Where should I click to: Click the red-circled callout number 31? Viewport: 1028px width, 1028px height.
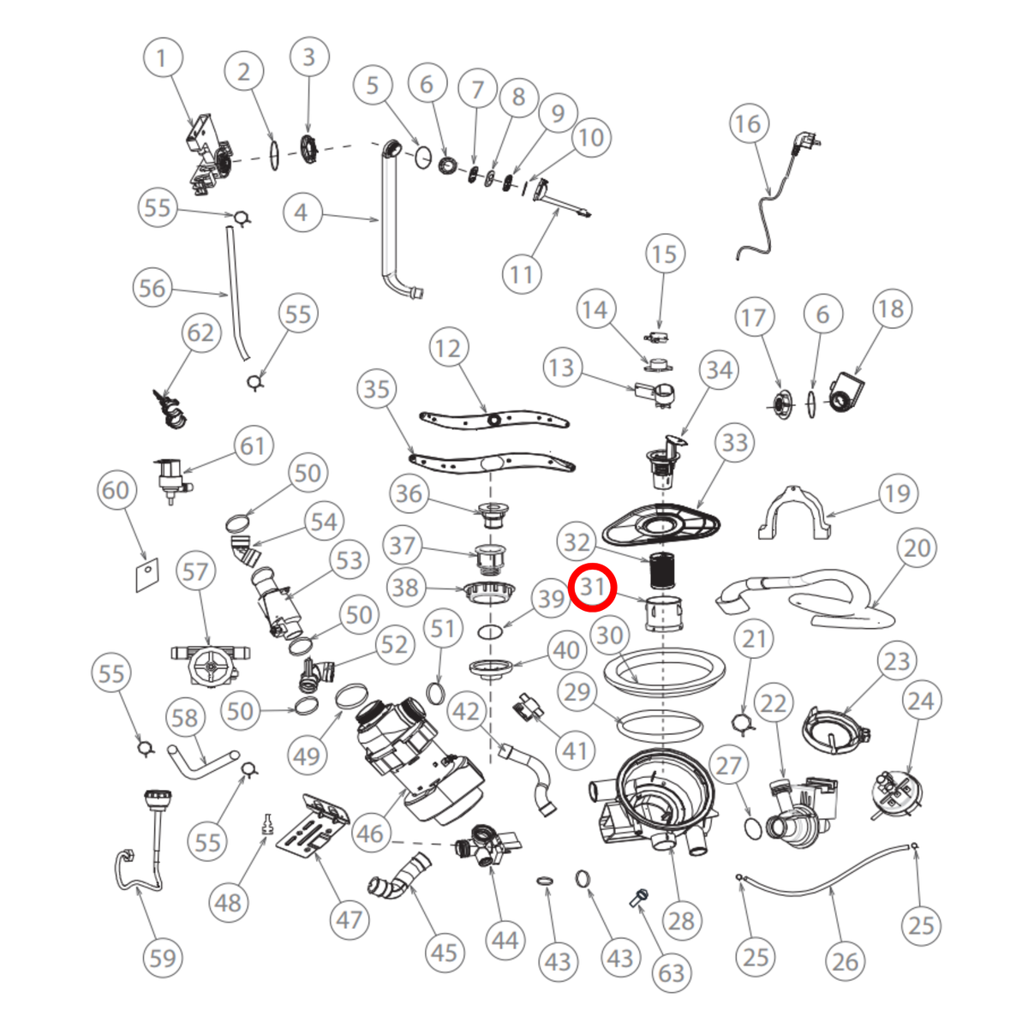click(592, 588)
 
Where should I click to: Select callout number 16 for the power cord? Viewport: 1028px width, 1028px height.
click(749, 123)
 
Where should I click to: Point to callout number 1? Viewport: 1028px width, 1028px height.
click(163, 57)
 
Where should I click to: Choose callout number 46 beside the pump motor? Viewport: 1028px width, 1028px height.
click(371, 833)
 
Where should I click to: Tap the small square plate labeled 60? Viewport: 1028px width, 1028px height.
click(147, 575)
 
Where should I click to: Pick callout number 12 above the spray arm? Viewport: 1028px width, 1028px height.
click(448, 349)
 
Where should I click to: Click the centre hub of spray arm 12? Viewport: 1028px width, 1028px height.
click(495, 421)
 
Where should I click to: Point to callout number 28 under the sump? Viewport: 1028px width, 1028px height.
click(681, 920)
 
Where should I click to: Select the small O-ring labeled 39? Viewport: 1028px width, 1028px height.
click(490, 633)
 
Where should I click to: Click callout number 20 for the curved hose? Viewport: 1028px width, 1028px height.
click(917, 548)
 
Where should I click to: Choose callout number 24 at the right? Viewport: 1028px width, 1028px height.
click(921, 701)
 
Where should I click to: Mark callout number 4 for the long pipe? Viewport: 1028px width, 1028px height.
click(302, 212)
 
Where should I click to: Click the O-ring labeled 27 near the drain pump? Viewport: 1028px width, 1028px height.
click(752, 828)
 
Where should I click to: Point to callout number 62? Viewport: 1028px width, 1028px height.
click(200, 333)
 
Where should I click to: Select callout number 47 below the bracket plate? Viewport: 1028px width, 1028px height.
click(350, 919)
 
